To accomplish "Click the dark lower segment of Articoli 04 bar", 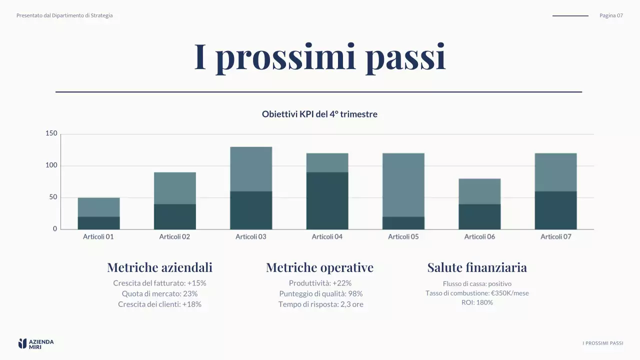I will coord(327,200).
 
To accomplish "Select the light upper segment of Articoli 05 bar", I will coord(403,184).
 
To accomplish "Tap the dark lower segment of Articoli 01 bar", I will coord(98,222).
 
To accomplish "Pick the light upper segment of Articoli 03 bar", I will coord(251,169).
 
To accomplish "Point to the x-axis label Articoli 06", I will coord(479,236).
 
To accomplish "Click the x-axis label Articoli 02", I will coord(174,236).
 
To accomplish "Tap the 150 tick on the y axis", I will coord(51,133).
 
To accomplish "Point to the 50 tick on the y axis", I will coord(53,197).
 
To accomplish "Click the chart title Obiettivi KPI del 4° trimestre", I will coord(319,114).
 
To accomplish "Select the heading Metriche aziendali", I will coord(159,267).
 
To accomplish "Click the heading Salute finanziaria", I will coord(477,267).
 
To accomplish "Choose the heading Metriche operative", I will coord(319,267).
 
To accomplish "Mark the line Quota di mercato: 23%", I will coord(159,293).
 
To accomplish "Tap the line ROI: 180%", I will coord(477,302).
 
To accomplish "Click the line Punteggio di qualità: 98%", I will coord(320,293).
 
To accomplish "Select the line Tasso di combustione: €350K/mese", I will coord(477,293).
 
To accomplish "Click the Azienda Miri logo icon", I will coord(22,343).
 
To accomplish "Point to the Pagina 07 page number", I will coord(611,15).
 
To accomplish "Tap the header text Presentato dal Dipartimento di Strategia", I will coord(64,15).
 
